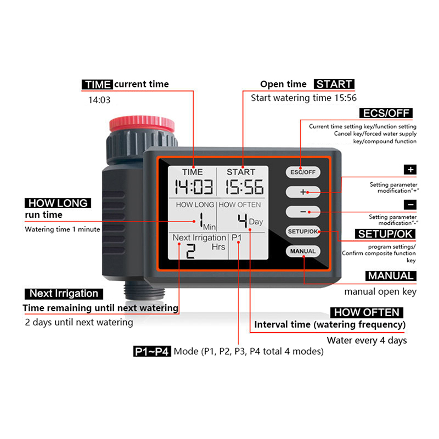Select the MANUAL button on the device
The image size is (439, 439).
coord(303,251)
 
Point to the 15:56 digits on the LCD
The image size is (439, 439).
coord(245,187)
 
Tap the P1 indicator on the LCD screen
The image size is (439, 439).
coord(237,238)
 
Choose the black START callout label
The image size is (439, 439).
coord(334,84)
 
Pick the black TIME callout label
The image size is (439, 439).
coord(98,85)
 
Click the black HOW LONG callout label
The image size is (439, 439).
coord(58,202)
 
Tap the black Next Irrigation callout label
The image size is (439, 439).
coord(64,294)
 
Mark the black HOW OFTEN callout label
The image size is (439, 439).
coord(367,312)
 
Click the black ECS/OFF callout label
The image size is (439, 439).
coord(386,114)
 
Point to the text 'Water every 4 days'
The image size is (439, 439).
coord(367,340)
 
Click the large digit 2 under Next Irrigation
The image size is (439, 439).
coord(190,251)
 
